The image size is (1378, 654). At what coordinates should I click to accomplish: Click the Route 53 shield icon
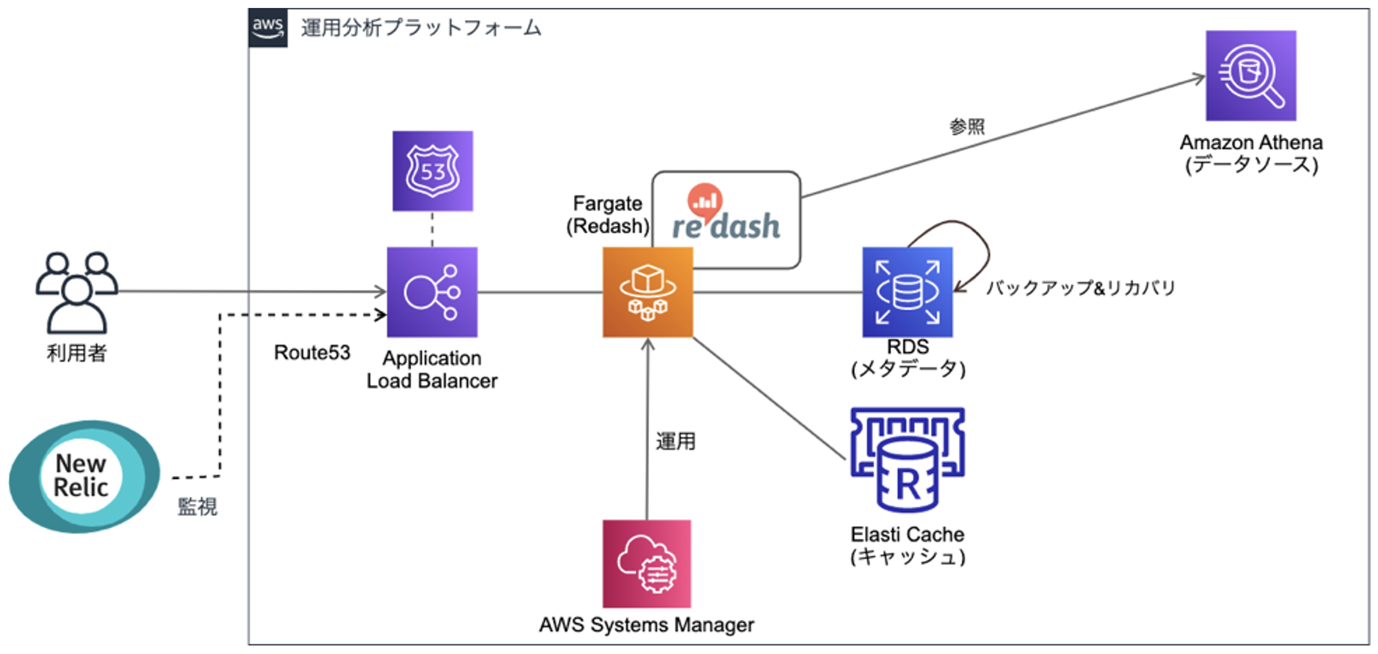[x=432, y=171]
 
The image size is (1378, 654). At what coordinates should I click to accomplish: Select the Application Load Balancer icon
[x=432, y=292]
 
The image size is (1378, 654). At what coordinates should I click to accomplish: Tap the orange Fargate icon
[x=648, y=292]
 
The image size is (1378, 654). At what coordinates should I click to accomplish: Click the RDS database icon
[x=907, y=292]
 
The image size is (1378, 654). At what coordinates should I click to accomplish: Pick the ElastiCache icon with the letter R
[x=907, y=460]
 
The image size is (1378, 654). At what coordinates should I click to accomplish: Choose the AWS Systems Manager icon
[x=647, y=563]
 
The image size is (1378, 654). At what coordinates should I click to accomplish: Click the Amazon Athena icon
[x=1250, y=76]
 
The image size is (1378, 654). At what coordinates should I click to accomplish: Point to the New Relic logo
[x=84, y=476]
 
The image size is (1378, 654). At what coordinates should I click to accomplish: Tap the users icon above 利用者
[x=77, y=292]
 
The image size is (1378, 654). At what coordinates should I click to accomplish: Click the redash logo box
[x=726, y=219]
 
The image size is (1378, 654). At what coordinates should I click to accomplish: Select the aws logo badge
[x=268, y=27]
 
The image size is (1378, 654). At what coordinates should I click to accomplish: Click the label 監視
[x=197, y=507]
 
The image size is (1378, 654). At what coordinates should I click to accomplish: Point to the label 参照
[x=967, y=126]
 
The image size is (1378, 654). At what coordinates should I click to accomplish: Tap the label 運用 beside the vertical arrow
[x=676, y=441]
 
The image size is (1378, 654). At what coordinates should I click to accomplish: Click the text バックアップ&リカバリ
[x=1081, y=288]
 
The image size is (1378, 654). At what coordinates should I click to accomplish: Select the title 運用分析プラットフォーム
[x=421, y=28]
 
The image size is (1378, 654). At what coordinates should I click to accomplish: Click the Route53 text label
[x=312, y=352]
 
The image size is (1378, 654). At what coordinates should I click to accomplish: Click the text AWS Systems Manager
[x=647, y=625]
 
